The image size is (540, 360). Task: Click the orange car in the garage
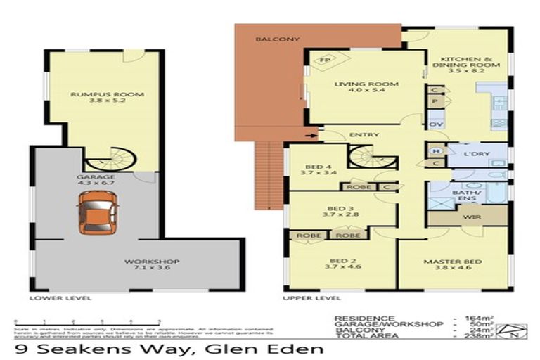[98, 212]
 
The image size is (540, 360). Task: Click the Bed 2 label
[337, 262]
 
